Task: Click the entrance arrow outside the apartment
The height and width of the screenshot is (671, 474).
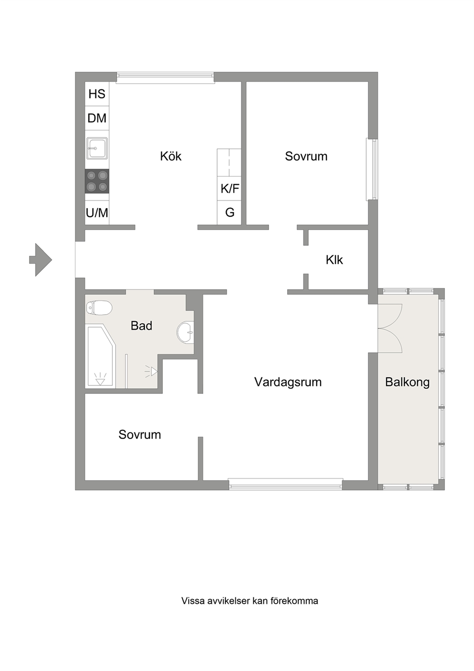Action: (x=41, y=260)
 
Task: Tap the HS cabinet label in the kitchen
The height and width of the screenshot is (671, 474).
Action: (x=97, y=94)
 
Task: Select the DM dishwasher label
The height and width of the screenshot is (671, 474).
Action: (x=97, y=118)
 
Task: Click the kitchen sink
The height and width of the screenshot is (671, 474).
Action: (x=97, y=148)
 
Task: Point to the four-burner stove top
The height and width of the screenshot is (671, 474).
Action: (x=97, y=181)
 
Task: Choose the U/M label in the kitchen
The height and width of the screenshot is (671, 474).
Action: (x=97, y=213)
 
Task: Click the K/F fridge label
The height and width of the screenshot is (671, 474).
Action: (x=230, y=189)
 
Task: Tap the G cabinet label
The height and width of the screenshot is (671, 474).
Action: (x=230, y=213)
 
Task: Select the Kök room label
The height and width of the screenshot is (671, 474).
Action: (x=171, y=156)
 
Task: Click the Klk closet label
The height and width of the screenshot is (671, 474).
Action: (x=334, y=260)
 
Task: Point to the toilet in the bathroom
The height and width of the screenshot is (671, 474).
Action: (x=99, y=308)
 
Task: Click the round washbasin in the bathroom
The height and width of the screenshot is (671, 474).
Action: (x=185, y=332)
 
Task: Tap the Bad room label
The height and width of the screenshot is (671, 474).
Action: (x=141, y=326)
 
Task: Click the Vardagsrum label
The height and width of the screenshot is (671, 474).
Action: (x=288, y=382)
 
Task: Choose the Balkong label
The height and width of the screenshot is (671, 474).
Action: (x=407, y=382)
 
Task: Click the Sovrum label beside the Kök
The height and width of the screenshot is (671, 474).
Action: (x=306, y=156)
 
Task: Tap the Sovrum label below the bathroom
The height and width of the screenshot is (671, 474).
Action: (x=140, y=434)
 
